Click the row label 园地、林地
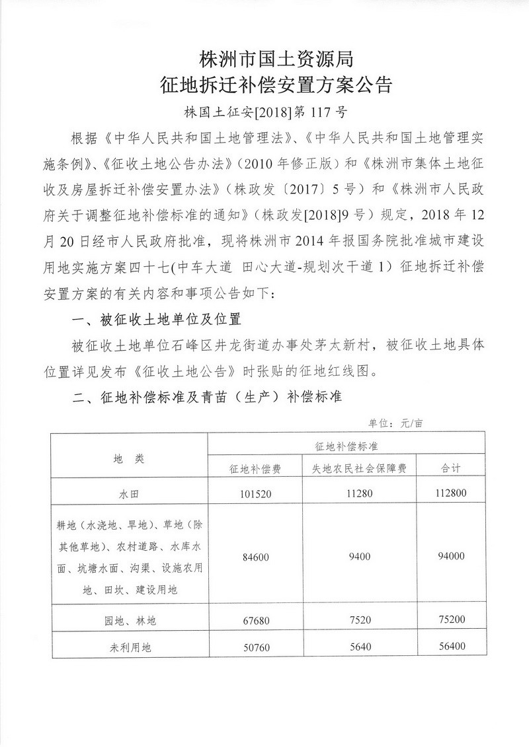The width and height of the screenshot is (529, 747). (128, 620)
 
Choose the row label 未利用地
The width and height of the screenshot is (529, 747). (128, 648)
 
